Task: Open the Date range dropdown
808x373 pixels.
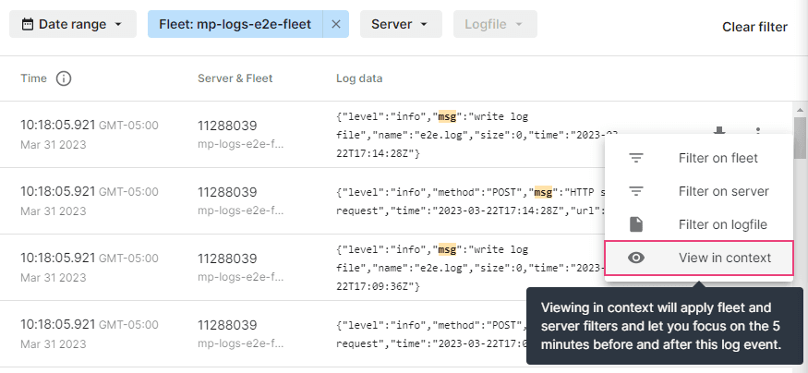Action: click(73, 24)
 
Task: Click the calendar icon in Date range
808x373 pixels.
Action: click(28, 24)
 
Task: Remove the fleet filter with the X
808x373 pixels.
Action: click(336, 24)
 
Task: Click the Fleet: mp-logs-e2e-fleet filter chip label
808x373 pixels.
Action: click(235, 24)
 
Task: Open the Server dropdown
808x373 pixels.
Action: click(401, 24)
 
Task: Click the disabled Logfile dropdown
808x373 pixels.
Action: click(495, 24)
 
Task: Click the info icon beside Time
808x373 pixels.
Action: click(64, 78)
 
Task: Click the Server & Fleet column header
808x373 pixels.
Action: click(235, 78)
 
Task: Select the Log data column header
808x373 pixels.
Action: click(359, 78)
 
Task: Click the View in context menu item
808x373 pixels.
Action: click(699, 258)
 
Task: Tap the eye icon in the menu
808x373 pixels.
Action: click(636, 258)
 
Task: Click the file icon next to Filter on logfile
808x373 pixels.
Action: click(636, 224)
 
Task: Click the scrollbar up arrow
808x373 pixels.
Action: click(800, 109)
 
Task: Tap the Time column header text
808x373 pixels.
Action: click(33, 78)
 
